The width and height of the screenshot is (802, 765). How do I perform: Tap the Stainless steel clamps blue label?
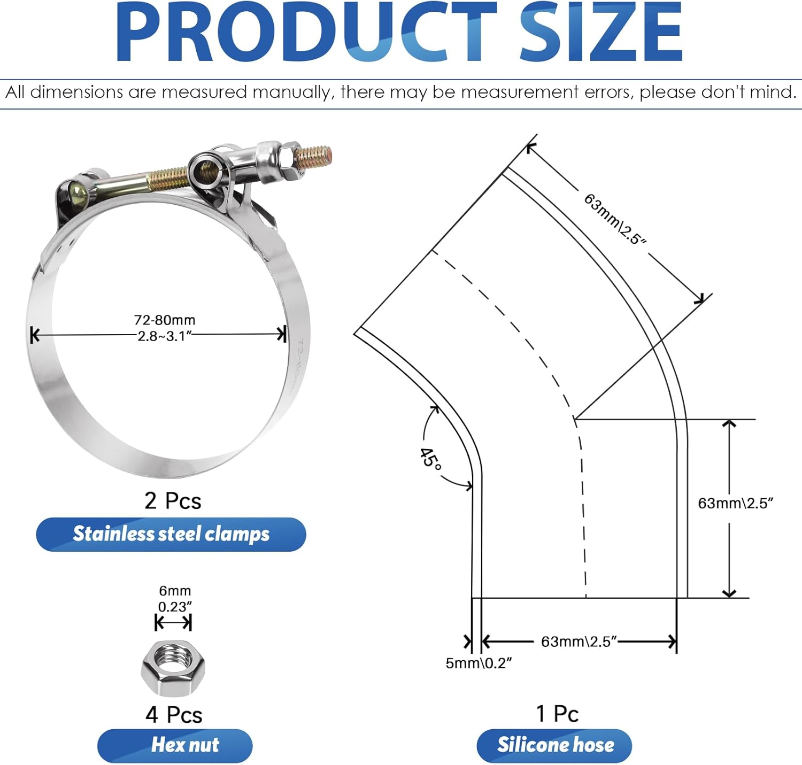tap(171, 534)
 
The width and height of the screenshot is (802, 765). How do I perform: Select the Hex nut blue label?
tap(175, 745)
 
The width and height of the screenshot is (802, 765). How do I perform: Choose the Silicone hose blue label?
tap(554, 745)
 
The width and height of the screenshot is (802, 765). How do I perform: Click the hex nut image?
tap(173, 668)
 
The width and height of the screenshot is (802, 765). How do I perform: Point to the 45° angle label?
tap(430, 459)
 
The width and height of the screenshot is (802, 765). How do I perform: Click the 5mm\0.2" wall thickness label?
tap(479, 663)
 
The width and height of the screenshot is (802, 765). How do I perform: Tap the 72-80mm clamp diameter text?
tap(165, 320)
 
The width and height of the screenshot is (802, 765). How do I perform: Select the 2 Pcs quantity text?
tap(173, 501)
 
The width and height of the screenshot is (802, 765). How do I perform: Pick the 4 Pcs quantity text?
tap(174, 715)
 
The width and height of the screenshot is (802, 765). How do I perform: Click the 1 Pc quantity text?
tap(557, 714)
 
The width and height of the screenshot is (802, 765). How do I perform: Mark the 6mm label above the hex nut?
tap(175, 591)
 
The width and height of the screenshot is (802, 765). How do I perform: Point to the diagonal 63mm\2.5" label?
tap(615, 219)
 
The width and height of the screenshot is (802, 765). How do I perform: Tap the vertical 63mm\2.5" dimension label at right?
tap(736, 504)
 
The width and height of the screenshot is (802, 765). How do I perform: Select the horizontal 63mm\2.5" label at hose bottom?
tap(579, 642)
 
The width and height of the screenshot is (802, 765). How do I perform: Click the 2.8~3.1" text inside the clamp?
tap(165, 336)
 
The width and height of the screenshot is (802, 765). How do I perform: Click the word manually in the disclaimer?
tap(292, 92)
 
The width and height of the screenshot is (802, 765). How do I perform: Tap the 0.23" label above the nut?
tap(175, 607)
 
